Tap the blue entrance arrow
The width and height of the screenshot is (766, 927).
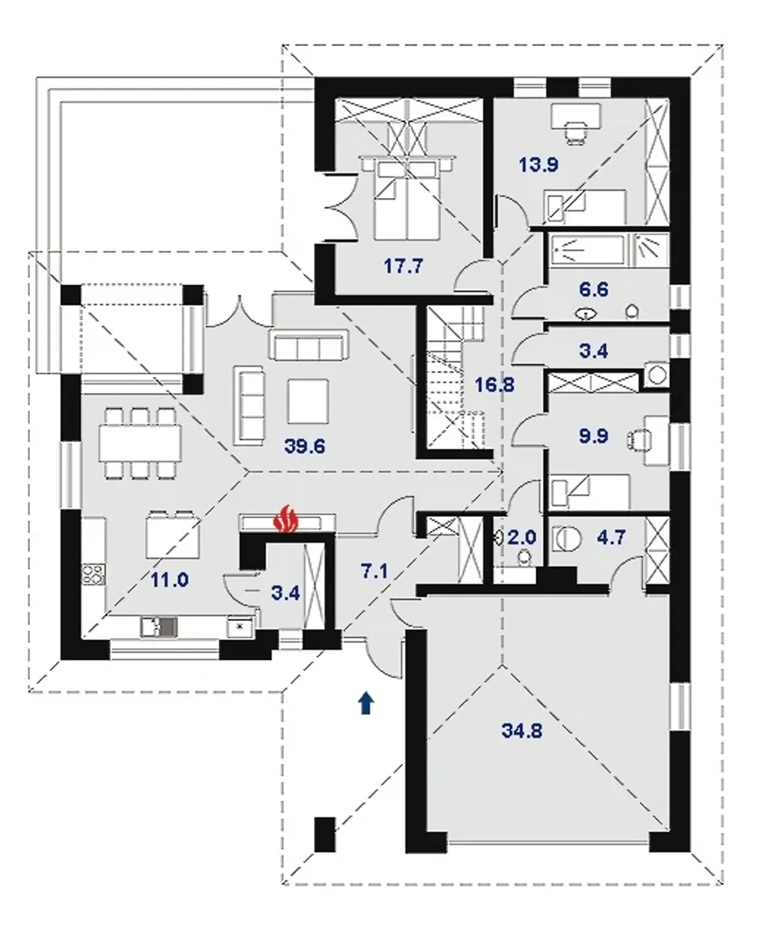pyautogui.click(x=366, y=702)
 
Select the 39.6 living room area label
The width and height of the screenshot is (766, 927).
pyautogui.click(x=305, y=446)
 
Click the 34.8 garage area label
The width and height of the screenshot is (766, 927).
pyautogui.click(x=522, y=730)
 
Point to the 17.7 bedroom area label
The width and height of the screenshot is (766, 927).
pyautogui.click(x=403, y=266)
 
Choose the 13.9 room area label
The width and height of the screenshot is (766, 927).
pyautogui.click(x=539, y=165)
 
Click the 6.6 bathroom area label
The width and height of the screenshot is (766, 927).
pyautogui.click(x=594, y=289)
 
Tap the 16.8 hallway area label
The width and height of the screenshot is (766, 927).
pyautogui.click(x=494, y=385)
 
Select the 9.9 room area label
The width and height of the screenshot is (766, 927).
pyautogui.click(x=594, y=436)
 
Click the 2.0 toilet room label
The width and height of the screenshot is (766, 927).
pyautogui.click(x=522, y=538)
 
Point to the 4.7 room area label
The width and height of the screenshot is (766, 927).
pyautogui.click(x=612, y=537)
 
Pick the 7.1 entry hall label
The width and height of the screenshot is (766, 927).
pyautogui.click(x=375, y=571)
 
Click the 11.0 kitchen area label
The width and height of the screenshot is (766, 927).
pyautogui.click(x=169, y=580)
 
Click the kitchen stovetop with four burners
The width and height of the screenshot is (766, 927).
pyautogui.click(x=93, y=574)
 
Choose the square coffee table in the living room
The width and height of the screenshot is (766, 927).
pyautogui.click(x=308, y=401)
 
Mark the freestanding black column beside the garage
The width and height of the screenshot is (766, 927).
pyautogui.click(x=325, y=834)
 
